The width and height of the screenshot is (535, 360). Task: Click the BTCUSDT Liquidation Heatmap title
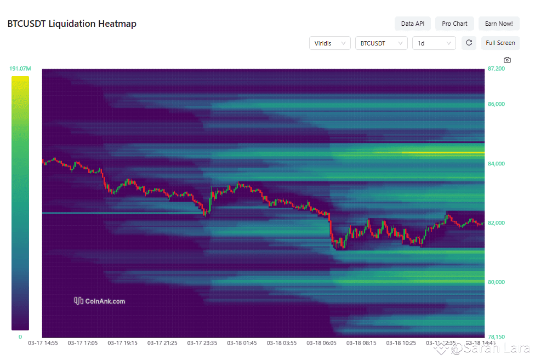coord(72,24)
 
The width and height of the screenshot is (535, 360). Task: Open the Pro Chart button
coord(454,24)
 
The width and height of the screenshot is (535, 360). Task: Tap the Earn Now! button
coord(499,24)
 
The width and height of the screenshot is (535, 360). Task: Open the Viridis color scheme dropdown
coord(329,43)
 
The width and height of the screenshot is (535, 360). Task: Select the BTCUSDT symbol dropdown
coord(381,43)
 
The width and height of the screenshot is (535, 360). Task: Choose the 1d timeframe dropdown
coord(434,43)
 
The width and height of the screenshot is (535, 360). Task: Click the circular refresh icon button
coord(469,43)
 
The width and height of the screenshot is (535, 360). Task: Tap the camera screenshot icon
coord(507,60)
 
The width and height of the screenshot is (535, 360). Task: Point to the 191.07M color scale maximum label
coord(20,68)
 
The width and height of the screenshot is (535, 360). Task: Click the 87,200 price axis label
coord(496,69)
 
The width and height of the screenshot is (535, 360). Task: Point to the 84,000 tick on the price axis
coord(496,164)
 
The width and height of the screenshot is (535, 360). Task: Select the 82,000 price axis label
coord(496,223)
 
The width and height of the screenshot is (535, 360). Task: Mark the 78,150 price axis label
coord(496,336)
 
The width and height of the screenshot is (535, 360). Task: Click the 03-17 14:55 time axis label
coord(43,343)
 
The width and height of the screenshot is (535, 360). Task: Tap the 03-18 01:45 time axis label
coord(242,343)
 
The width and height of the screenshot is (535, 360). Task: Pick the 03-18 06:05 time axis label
coord(321,343)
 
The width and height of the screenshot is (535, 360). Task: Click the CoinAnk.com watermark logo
coord(99,301)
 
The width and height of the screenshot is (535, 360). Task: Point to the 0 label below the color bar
coord(20,337)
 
